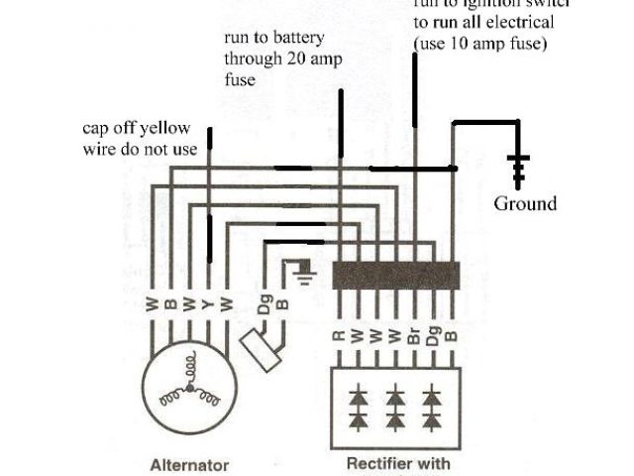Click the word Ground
[x=525, y=203]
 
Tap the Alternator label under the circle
[x=189, y=464]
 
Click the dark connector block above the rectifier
[x=395, y=275]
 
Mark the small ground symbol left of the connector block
[x=304, y=269]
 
